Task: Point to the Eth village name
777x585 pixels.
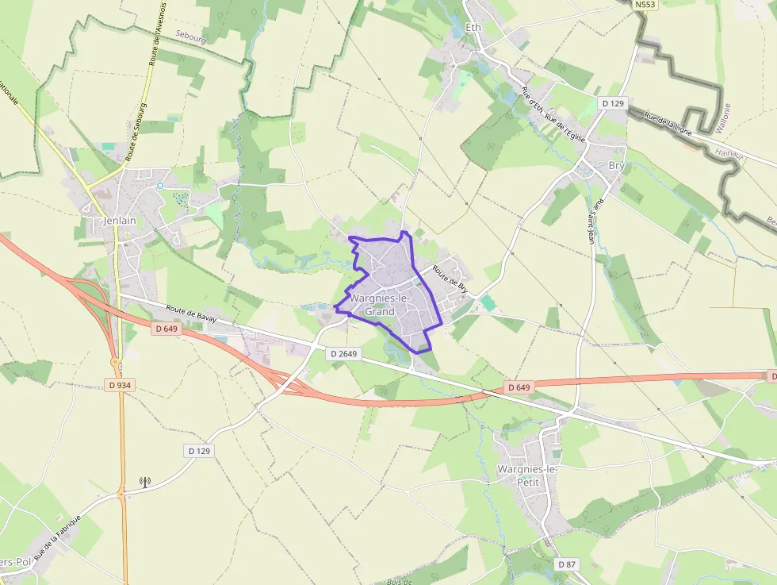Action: click(x=474, y=28)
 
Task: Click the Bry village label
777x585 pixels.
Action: click(x=616, y=166)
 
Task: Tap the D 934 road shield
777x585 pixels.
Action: click(x=119, y=385)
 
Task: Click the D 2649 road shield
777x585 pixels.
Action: click(x=344, y=353)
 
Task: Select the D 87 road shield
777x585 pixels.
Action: click(x=566, y=564)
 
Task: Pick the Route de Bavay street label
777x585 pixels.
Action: click(x=191, y=314)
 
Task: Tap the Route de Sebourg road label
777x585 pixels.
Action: click(x=136, y=131)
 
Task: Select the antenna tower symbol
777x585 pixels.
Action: click(x=144, y=481)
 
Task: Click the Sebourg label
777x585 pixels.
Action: click(x=190, y=37)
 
